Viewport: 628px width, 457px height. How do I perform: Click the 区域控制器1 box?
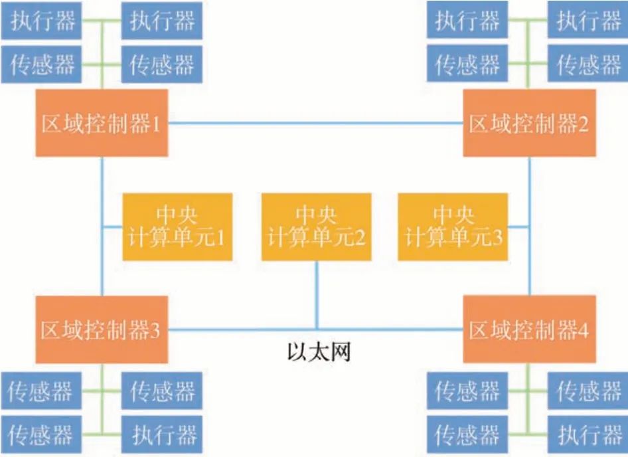coord(101,124)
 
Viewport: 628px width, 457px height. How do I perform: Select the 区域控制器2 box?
coord(529,124)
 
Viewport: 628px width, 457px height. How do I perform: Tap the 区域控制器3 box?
coord(101,330)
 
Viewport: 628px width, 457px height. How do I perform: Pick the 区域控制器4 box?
coord(529,330)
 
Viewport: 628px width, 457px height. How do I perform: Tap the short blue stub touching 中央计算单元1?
coord(112,227)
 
